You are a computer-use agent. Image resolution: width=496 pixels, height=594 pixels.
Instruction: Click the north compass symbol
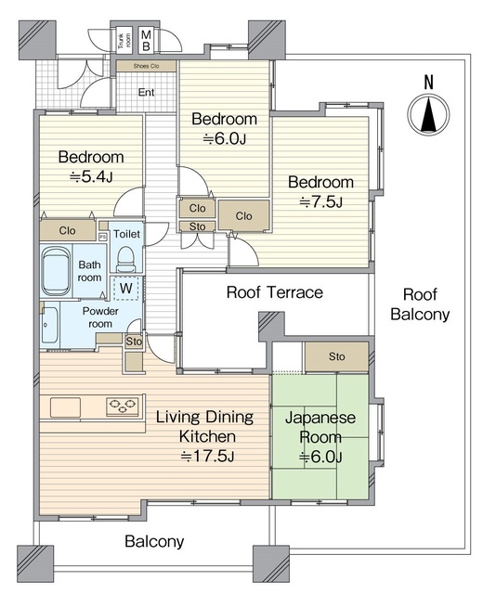428,114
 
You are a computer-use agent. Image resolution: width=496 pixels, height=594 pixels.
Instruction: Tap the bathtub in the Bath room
56,270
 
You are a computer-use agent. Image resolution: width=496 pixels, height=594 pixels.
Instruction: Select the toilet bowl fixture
126,259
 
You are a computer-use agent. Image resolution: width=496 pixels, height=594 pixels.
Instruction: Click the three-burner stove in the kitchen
122,407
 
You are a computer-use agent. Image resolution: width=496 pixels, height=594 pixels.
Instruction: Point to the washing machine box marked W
126,289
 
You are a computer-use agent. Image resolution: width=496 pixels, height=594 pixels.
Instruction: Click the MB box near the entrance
146,40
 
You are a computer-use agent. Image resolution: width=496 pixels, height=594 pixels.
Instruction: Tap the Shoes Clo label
146,66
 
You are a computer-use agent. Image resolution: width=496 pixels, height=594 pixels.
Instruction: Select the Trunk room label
124,41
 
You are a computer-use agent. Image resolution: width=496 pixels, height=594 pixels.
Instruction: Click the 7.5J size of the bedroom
321,202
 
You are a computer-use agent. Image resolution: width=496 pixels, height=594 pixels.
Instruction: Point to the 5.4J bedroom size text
91,177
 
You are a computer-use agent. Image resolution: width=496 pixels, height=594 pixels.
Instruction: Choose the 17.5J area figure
207,456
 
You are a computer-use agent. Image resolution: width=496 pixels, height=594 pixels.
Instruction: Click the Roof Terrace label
275,292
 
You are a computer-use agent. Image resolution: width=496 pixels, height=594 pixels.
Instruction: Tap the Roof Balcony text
420,304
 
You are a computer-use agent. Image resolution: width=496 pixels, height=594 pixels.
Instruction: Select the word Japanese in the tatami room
320,419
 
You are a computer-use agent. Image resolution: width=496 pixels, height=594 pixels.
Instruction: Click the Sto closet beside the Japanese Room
337,356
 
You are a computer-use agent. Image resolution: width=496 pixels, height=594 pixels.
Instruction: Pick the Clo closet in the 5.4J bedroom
68,230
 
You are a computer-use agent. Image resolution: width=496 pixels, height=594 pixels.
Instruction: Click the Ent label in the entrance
147,92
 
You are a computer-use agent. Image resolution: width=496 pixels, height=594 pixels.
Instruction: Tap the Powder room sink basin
49,325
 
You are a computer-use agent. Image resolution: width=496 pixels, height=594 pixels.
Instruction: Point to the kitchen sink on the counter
65,407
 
